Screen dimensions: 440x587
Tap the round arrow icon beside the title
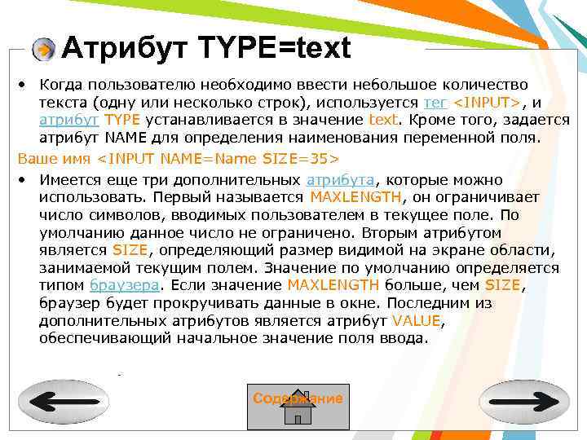[45, 50]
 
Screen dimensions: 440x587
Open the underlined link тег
[435, 103]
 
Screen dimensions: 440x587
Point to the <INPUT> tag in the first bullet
[487, 103]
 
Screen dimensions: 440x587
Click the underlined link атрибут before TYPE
[68, 120]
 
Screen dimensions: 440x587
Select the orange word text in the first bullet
[383, 120]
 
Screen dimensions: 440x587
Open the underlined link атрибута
[340, 179]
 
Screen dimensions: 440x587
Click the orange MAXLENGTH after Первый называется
[355, 196]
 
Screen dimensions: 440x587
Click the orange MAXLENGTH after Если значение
[333, 285]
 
